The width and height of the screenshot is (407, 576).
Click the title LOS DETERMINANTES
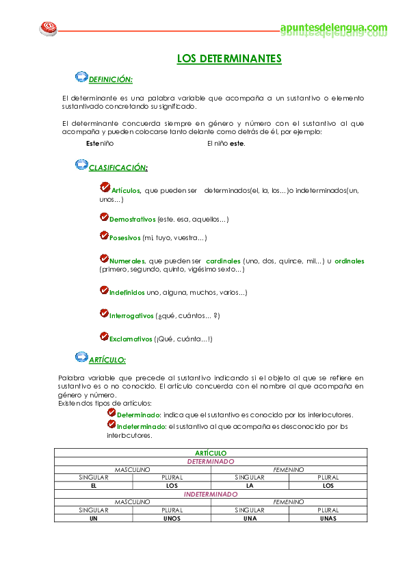coord(229,60)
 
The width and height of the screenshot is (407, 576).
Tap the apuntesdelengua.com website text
coord(334,28)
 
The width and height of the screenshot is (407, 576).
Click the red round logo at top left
coord(48,28)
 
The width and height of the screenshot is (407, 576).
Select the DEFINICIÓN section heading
coord(111,79)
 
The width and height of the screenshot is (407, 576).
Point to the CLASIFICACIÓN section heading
coord(118,167)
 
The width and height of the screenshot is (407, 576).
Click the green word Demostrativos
coord(133,219)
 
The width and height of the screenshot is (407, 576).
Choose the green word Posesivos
coord(124,237)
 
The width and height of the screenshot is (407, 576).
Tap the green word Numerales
coord(127,261)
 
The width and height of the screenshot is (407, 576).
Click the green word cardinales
coord(223,261)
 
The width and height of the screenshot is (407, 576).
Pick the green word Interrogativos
coord(131,315)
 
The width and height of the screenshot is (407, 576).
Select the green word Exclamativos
coord(131,338)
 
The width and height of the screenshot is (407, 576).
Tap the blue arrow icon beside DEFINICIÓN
coord(81,77)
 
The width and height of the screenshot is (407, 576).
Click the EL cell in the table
coord(93,485)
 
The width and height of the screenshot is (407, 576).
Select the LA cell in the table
coord(250,485)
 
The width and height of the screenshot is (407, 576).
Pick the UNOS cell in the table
coord(172,518)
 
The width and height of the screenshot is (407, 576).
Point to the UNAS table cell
coord(328,518)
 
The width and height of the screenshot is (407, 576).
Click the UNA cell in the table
coord(250,518)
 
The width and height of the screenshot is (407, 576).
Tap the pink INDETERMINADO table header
coord(211,493)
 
